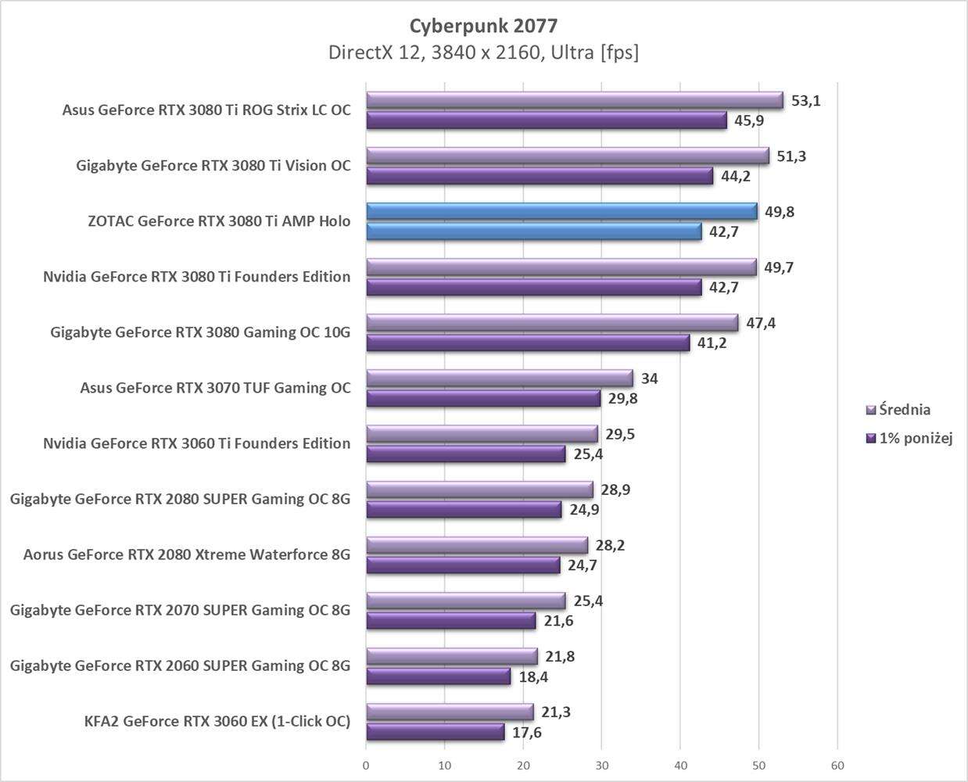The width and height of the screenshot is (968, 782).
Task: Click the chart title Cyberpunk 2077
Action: (483, 26)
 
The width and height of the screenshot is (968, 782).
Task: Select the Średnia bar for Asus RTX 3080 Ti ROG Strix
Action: (575, 101)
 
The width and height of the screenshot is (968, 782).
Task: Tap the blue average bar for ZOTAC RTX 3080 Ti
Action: (561, 212)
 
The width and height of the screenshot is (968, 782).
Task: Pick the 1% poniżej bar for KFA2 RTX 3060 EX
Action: (436, 732)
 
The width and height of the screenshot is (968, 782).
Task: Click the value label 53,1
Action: (805, 101)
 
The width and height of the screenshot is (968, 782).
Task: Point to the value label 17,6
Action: (527, 733)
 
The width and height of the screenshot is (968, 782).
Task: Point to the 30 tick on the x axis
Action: (601, 765)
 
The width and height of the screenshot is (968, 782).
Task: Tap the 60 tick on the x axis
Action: (837, 765)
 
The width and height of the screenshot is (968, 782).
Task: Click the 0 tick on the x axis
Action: (366, 765)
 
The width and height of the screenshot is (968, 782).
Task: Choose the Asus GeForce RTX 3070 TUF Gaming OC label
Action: (215, 388)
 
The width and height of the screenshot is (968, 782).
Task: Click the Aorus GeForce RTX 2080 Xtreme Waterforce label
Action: (187, 554)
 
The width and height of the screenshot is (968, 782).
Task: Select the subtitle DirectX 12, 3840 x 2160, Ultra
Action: (483, 52)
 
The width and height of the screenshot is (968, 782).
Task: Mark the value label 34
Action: (649, 378)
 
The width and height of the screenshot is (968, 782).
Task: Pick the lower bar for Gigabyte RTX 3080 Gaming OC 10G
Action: (528, 343)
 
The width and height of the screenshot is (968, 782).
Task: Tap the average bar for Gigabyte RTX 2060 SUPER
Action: (452, 657)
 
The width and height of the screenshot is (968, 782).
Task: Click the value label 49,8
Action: (780, 212)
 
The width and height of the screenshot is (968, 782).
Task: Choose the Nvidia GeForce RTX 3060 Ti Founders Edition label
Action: (197, 443)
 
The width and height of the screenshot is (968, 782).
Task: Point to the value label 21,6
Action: (558, 621)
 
